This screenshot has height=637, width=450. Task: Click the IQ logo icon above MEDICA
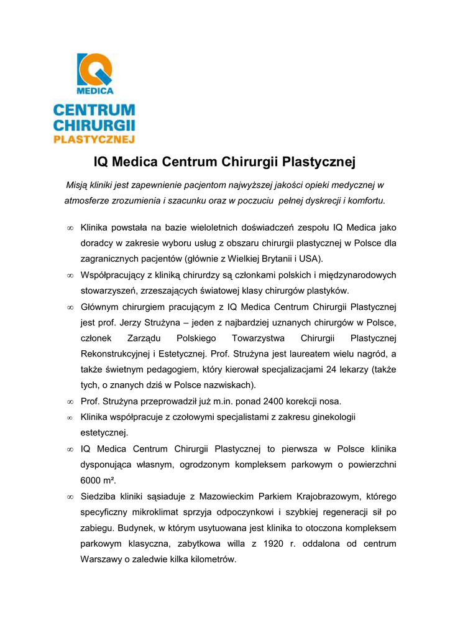[x=94, y=69]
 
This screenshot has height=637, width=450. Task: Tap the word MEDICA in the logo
[x=94, y=90]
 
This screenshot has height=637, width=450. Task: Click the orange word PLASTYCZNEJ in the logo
[x=94, y=139]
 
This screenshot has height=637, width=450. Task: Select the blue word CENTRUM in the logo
[x=94, y=110]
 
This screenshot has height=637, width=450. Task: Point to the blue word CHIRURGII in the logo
[x=94, y=125]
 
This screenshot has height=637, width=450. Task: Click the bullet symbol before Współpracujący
[x=70, y=275]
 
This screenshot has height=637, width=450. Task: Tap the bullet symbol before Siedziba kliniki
[x=70, y=497]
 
